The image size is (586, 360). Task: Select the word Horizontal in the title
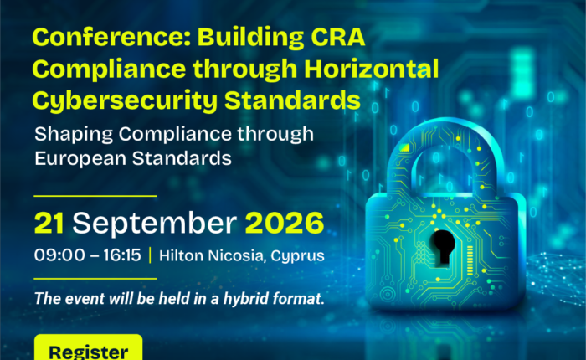coord(371,69)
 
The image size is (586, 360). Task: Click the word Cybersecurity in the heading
coord(125,101)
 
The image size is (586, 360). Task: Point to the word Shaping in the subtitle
coord(74,135)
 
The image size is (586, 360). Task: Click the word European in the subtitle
coord(80,158)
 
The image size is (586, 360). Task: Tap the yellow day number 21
coord(49,224)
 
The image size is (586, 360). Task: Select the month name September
coord(154,224)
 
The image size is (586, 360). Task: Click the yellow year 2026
coord(285,224)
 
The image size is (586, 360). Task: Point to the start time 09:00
coord(59,255)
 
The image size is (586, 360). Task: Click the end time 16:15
coord(122,255)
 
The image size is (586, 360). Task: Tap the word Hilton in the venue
coord(182,255)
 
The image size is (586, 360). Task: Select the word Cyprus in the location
coord(297,256)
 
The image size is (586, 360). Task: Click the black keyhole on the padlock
coord(443,248)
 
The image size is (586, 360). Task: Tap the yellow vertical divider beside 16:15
coord(150,255)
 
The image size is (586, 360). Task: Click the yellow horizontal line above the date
coord(95,196)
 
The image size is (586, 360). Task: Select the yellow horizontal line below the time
coord(95,279)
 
